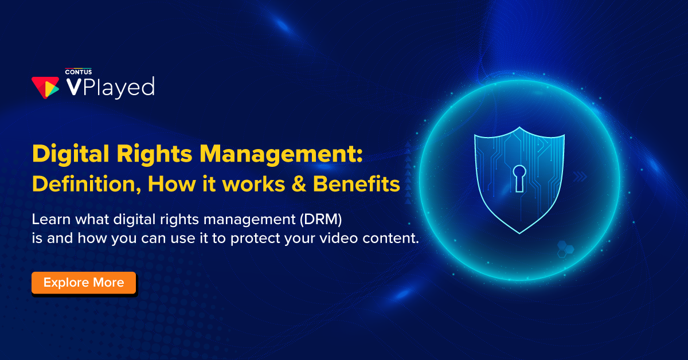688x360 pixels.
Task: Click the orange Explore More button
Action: pyautogui.click(x=84, y=283)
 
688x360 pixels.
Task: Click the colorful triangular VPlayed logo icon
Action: pyautogui.click(x=45, y=86)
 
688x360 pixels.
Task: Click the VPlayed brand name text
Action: pyautogui.click(x=110, y=87)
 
